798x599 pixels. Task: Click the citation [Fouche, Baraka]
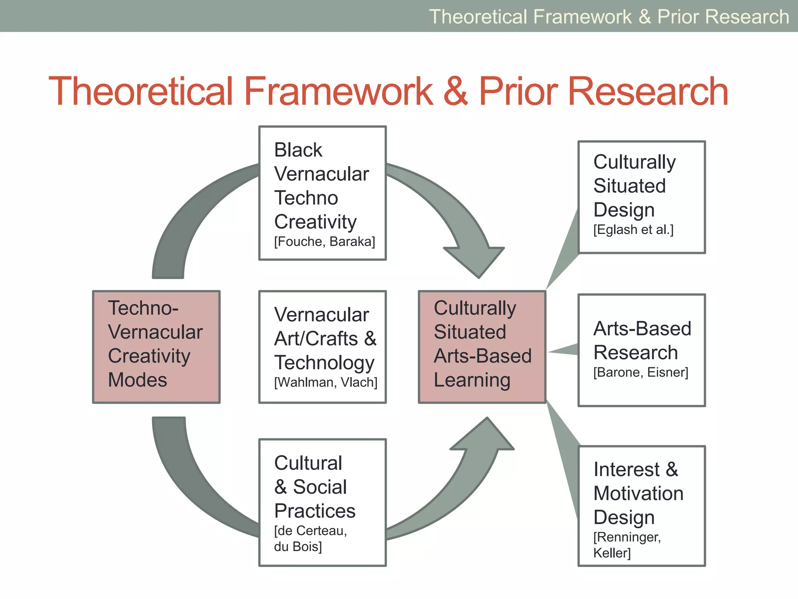point(325,242)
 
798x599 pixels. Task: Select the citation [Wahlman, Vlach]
point(326,383)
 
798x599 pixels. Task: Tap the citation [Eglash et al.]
point(633,230)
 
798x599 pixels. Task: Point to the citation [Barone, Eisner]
point(641,372)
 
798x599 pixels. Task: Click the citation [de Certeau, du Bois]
point(310,539)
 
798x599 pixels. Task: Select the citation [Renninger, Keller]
point(627,545)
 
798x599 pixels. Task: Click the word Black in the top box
point(298,150)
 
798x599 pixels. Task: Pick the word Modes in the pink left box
point(137,380)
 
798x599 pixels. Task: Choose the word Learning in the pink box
point(472,380)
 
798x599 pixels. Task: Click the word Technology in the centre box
point(324,363)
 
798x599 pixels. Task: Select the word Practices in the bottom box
point(315,511)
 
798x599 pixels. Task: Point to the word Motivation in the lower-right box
point(638,493)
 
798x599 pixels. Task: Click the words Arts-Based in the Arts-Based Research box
point(642,328)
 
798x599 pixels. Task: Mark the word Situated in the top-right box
point(629,186)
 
